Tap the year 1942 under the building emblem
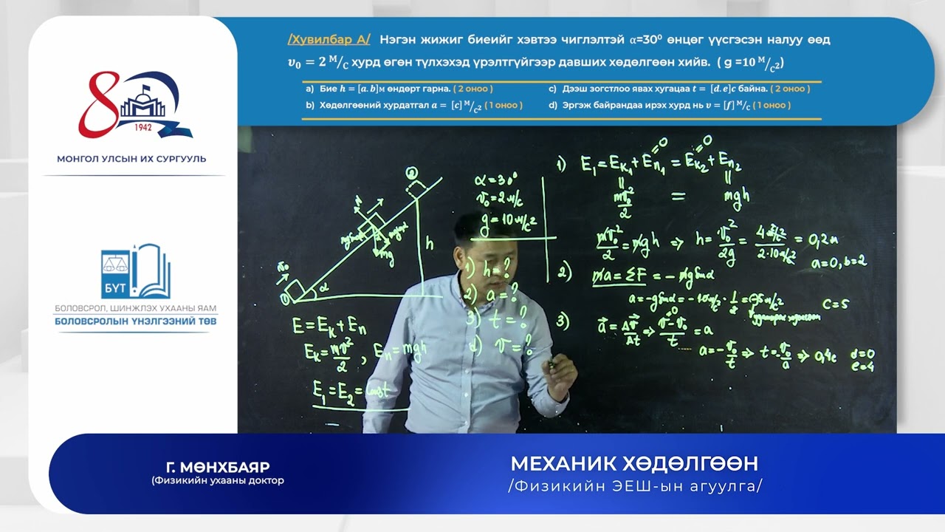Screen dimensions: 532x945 click(144, 126)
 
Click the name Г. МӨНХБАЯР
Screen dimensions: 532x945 click(218, 467)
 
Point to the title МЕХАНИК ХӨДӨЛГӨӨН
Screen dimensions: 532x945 click(634, 464)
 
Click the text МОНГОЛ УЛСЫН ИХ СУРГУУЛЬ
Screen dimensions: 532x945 click(131, 159)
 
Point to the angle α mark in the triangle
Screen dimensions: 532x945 click(323, 289)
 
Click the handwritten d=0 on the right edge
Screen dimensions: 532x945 click(862, 354)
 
